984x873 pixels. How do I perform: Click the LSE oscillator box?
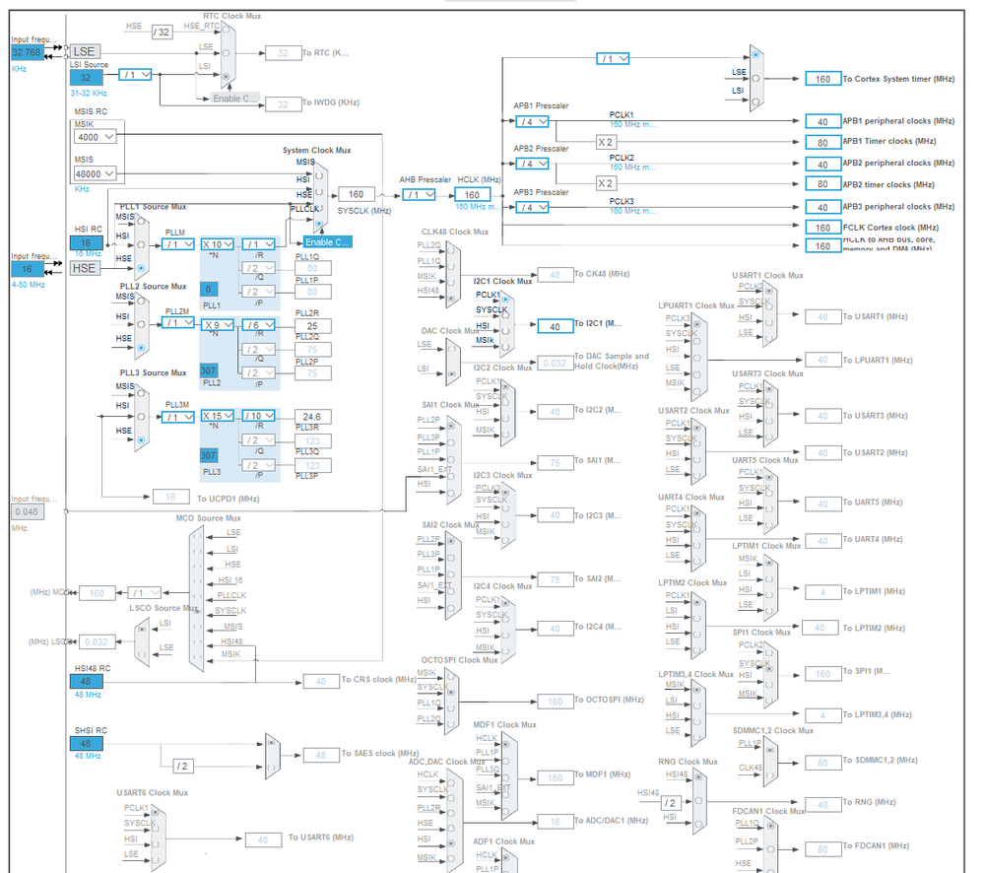pos(86,50)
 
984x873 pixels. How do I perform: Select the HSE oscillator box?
pos(85,268)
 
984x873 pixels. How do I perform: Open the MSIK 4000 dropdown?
pos(96,137)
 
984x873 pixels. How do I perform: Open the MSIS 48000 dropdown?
pos(96,173)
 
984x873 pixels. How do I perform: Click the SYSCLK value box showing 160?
pos(356,194)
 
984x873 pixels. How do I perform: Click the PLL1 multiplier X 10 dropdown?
pos(217,244)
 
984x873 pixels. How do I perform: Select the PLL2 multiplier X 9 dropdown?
pos(217,323)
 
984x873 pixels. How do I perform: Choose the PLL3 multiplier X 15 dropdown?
pos(217,417)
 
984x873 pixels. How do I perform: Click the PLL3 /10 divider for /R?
pos(259,417)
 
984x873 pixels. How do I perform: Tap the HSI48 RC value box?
pos(87,682)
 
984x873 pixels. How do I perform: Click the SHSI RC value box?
pos(87,743)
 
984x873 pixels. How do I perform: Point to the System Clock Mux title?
pos(316,151)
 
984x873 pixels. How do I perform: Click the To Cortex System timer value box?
pos(821,79)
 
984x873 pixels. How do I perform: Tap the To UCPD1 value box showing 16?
pos(171,498)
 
